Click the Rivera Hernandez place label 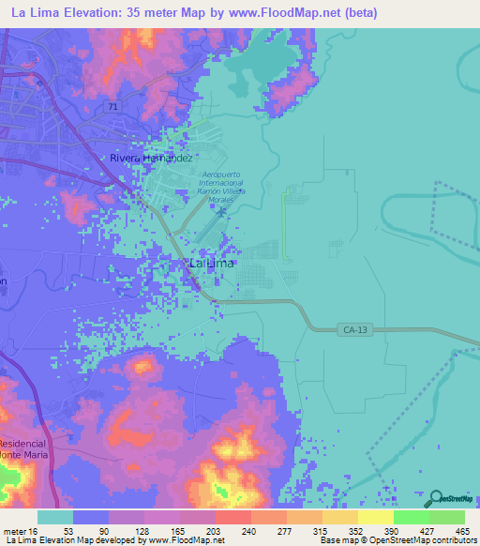click(x=153, y=159)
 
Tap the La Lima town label click(x=212, y=264)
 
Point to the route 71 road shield click(x=112, y=108)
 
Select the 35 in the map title click(x=135, y=12)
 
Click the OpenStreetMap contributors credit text click(x=434, y=539)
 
